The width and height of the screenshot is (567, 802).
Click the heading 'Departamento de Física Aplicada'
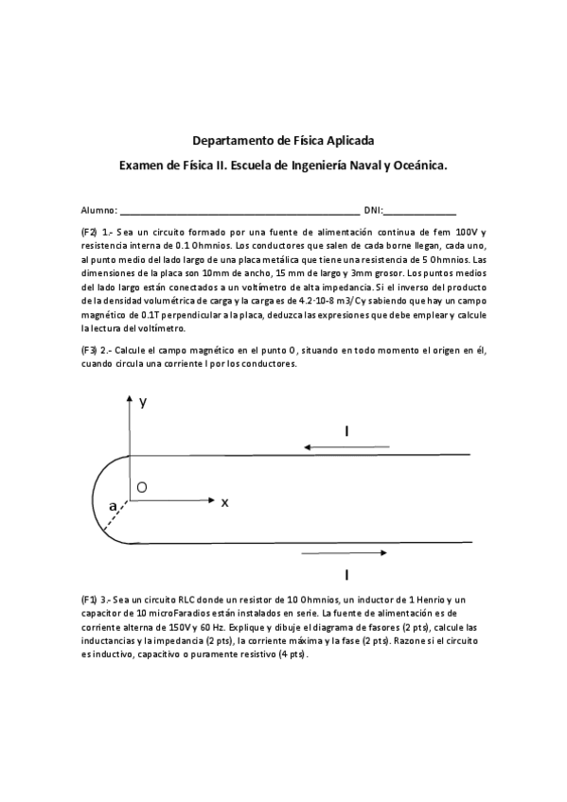pyautogui.click(x=283, y=141)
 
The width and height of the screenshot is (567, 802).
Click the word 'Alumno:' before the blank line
pyautogui.click(x=99, y=210)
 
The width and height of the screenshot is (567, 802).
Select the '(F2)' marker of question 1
pyautogui.click(x=90, y=233)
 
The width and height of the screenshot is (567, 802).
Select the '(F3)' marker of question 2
pyautogui.click(x=90, y=350)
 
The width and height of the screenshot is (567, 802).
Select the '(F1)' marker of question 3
pyautogui.click(x=90, y=601)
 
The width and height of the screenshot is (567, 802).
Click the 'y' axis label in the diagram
pyautogui.click(x=143, y=402)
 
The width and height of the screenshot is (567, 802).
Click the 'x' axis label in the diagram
pyautogui.click(x=224, y=502)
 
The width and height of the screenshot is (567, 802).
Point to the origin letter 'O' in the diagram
pyautogui.click(x=141, y=487)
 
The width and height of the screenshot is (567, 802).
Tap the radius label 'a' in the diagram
pyautogui.click(x=113, y=507)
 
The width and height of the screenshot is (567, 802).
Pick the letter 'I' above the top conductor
pyautogui.click(x=346, y=431)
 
